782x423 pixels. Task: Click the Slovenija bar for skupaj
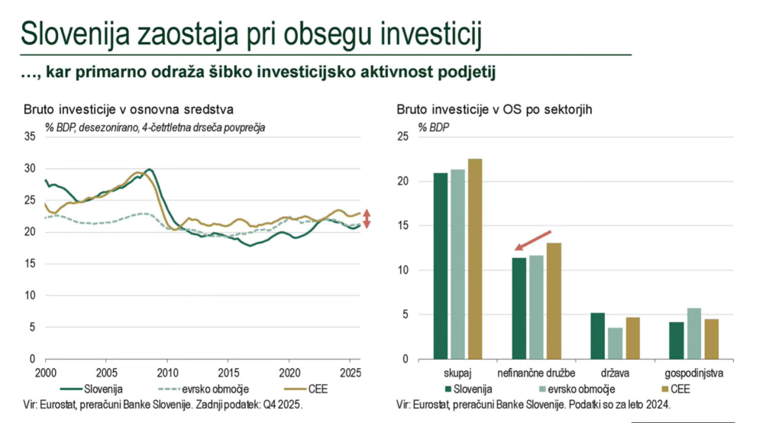(441, 266)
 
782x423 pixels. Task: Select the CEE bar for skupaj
(474, 259)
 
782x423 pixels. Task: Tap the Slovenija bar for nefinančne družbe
(519, 308)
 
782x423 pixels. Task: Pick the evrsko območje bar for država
(614, 343)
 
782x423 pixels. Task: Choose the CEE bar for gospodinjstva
(711, 339)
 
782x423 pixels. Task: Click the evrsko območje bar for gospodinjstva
(694, 334)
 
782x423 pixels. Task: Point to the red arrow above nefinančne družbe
(533, 240)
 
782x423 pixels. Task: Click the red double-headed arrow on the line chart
(366, 218)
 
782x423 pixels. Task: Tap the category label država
(614, 373)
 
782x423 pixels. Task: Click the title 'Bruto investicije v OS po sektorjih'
(495, 110)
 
